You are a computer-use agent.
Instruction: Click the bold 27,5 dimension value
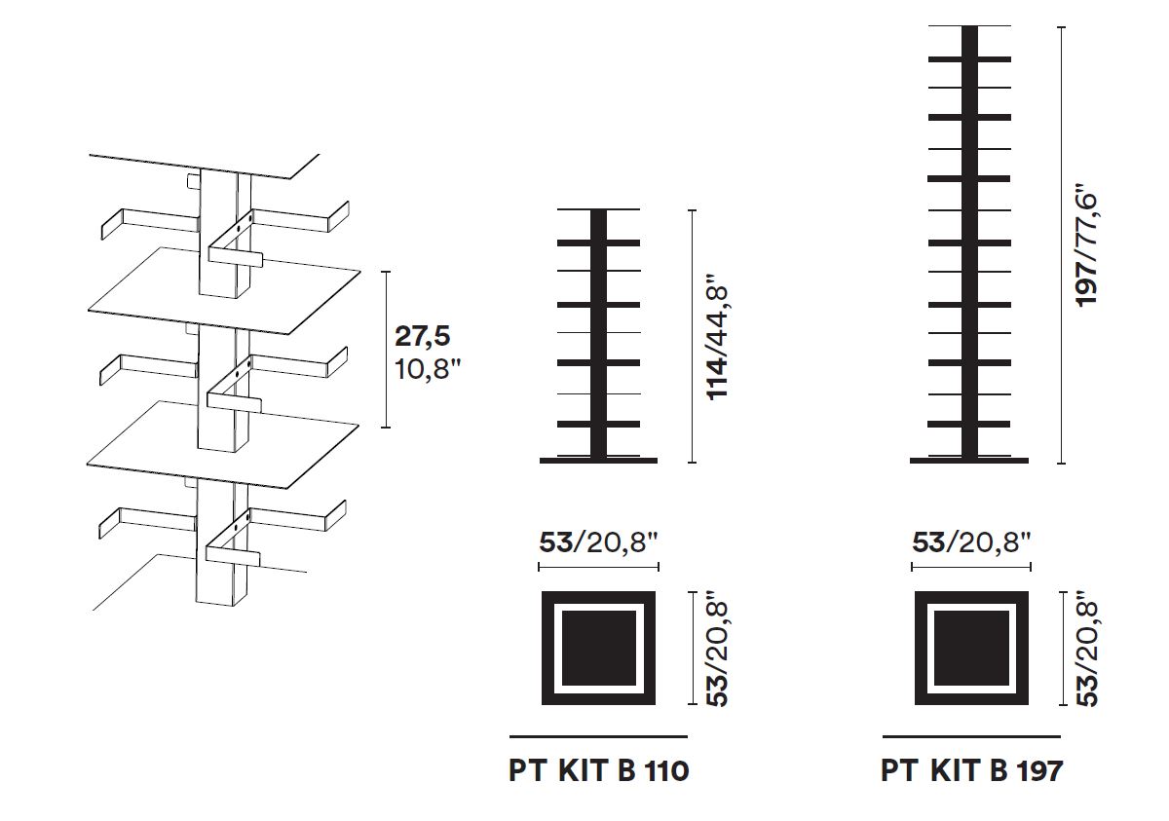pos(422,336)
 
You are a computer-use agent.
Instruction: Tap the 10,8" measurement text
pos(428,369)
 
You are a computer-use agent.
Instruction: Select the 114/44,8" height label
pos(717,343)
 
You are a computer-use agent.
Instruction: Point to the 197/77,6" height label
pos(1087,244)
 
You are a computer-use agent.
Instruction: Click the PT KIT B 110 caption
pos(598,771)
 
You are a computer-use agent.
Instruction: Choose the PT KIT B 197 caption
pos(972,771)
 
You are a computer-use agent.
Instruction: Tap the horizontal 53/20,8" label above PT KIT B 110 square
pos(598,542)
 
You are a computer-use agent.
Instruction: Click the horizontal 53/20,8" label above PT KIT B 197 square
pos(971,542)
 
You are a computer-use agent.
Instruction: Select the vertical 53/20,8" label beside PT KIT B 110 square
pos(717,649)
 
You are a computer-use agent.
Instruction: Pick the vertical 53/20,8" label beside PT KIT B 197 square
pos(1087,649)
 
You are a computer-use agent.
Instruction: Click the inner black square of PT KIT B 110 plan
pos(598,649)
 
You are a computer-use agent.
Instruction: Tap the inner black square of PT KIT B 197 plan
pos(971,649)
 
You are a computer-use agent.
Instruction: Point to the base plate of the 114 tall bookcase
pos(598,461)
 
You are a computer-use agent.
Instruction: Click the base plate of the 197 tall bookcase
pos(969,461)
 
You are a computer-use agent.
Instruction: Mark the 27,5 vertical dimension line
pos(386,350)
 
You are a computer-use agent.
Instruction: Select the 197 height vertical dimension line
pos(1061,244)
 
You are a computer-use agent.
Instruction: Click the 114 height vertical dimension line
pos(692,336)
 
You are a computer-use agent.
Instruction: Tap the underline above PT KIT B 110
pos(598,736)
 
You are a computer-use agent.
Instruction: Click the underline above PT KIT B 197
pos(971,736)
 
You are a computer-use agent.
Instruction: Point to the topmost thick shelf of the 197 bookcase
pos(969,59)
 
